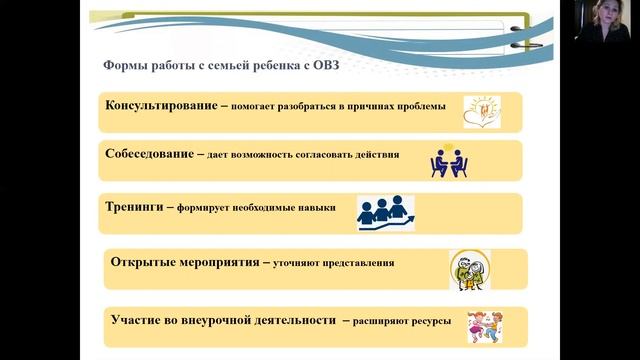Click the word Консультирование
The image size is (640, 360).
point(158,106)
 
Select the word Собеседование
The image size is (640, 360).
point(149,155)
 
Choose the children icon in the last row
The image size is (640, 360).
point(484,326)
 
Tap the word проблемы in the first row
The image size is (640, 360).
point(420,107)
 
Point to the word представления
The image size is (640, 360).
point(357,264)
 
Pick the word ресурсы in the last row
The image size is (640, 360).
point(431,321)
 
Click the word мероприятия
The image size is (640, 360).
point(223,263)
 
